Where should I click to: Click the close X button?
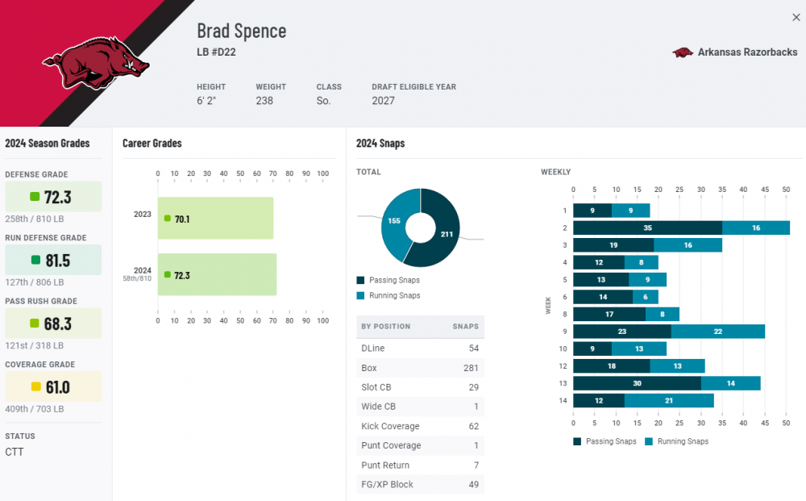tap(796, 18)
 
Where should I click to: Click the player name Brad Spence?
tap(241, 31)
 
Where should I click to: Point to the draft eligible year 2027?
tap(383, 101)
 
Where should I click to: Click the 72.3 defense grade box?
tap(53, 197)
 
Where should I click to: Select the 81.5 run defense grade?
tap(53, 260)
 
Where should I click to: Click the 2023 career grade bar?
tap(215, 219)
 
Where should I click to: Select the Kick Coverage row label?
tap(390, 426)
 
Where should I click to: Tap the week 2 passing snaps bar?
tap(647, 228)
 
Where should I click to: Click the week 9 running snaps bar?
tap(717, 331)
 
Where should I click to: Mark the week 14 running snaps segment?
tap(669, 401)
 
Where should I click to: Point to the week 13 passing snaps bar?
tap(637, 383)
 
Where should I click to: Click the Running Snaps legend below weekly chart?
tap(677, 441)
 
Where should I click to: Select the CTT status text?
tap(15, 452)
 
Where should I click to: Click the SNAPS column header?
tap(465, 327)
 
